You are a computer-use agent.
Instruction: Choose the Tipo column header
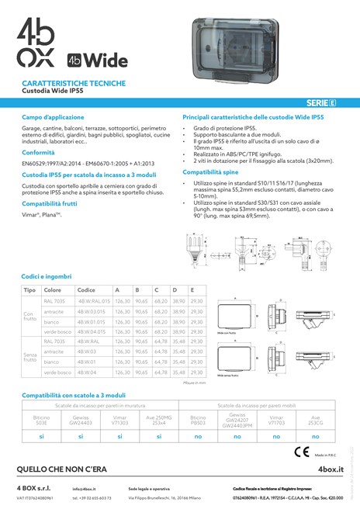[x=29, y=289]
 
